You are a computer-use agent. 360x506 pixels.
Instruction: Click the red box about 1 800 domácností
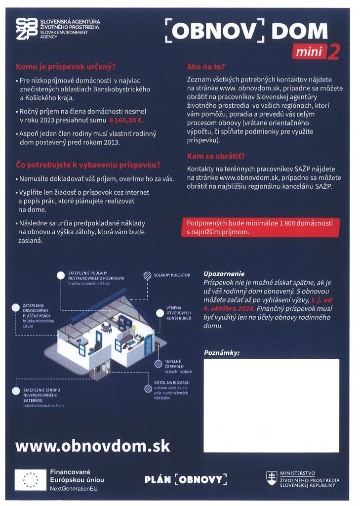257,227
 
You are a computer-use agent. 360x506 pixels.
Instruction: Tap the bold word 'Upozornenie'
224,273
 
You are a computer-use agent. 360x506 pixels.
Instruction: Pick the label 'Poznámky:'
222,353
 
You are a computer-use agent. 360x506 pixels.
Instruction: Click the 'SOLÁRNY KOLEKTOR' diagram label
171,275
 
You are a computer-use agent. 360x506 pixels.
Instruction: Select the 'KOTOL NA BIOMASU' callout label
171,382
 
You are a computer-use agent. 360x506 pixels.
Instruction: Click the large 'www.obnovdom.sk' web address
93,446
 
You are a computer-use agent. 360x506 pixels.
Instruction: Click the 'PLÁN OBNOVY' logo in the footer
186,479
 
